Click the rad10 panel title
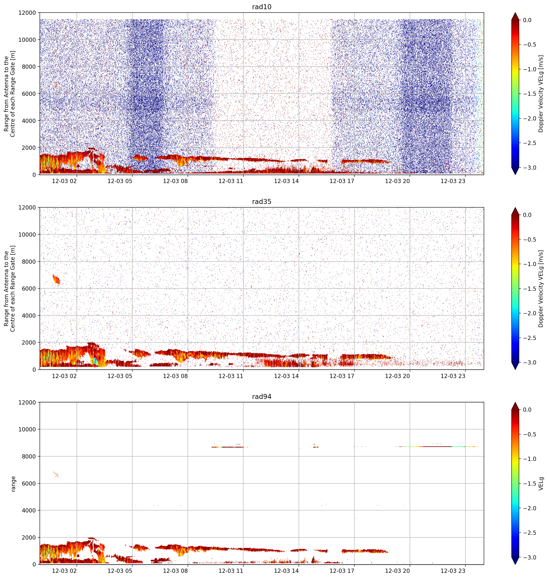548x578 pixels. pyautogui.click(x=261, y=7)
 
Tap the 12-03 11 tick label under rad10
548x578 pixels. pyautogui.click(x=231, y=181)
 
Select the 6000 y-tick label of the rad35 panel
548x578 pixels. pyautogui.click(x=29, y=289)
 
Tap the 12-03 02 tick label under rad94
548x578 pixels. pyautogui.click(x=64, y=571)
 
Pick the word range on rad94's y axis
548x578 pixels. pyautogui.click(x=13, y=484)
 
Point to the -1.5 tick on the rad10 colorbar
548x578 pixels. pyautogui.click(x=529, y=94)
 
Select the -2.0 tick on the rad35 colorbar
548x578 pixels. pyautogui.click(x=529, y=313)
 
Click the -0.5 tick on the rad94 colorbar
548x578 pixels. pyautogui.click(x=529, y=434)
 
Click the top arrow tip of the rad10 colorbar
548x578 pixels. pyautogui.click(x=515, y=13)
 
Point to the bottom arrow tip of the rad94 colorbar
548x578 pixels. pyautogui.click(x=515, y=564)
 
